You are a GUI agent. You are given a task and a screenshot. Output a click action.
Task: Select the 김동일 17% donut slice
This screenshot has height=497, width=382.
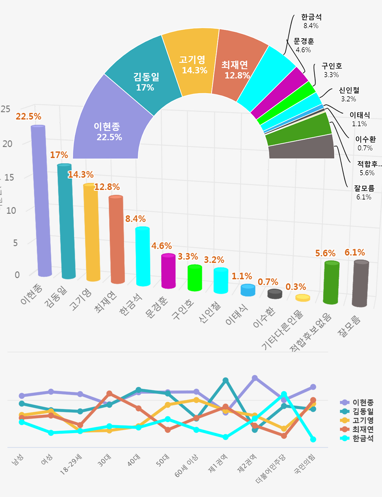[x=145, y=81]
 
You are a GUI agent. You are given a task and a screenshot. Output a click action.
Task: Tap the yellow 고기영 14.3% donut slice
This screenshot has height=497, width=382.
[x=193, y=65]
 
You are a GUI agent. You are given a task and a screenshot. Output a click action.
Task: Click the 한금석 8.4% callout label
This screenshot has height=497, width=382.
[x=311, y=21]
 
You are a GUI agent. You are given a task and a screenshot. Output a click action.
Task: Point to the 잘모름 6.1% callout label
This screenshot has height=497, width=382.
[x=364, y=192]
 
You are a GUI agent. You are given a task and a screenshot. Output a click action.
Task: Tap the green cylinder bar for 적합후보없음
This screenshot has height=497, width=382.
[x=331, y=283]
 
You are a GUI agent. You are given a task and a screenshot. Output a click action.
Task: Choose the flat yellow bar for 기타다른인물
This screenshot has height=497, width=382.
[x=303, y=298]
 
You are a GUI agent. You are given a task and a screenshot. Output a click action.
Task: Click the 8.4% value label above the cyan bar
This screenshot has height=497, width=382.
[x=135, y=219]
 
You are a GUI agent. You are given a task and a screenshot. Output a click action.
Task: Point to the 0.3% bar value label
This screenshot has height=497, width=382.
[x=296, y=287]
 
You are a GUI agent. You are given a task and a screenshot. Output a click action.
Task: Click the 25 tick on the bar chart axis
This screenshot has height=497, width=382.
[x=6, y=109]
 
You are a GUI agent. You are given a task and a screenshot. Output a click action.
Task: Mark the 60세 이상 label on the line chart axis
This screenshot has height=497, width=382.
[x=186, y=465]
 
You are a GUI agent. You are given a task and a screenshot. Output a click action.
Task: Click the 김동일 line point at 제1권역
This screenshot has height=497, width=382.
[x=225, y=380]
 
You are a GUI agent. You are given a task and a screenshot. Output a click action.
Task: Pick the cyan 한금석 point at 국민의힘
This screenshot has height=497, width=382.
[x=313, y=439]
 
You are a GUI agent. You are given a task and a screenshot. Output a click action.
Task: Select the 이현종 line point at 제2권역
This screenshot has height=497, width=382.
[x=255, y=378]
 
